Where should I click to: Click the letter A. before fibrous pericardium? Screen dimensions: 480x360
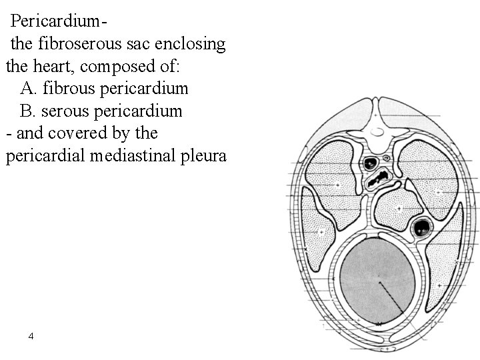click(x=29, y=88)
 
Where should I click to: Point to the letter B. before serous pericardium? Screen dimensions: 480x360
click(x=28, y=110)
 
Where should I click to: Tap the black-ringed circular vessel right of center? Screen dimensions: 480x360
click(x=421, y=229)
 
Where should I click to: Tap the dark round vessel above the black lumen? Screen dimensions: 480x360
click(x=371, y=162)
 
